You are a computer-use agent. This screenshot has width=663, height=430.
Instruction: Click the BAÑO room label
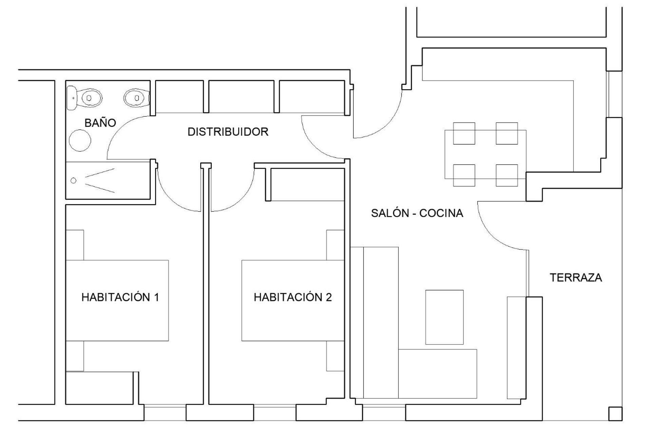[x=100, y=123]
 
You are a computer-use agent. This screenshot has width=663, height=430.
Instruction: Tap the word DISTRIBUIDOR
[x=228, y=132]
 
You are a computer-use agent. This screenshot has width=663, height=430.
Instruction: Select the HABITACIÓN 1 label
[x=120, y=297]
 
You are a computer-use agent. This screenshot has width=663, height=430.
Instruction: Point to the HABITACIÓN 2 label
[x=292, y=297]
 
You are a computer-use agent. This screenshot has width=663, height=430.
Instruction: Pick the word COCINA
[x=441, y=213]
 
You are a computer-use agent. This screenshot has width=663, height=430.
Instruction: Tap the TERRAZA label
[x=576, y=278]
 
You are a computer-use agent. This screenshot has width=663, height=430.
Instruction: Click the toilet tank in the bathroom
[x=72, y=98]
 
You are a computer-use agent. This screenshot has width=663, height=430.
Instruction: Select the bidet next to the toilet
[x=137, y=98]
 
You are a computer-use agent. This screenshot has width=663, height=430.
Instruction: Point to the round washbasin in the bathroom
[x=80, y=140]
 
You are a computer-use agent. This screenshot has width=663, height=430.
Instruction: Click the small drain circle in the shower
[x=73, y=181]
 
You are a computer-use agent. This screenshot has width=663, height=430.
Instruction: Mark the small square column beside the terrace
[x=615, y=414]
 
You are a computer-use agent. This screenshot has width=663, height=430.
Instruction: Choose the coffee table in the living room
[x=444, y=317]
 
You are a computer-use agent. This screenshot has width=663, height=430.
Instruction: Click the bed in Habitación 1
[x=117, y=300]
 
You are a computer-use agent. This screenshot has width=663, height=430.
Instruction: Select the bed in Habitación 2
[x=293, y=300]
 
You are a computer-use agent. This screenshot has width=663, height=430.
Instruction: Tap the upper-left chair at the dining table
[x=464, y=133]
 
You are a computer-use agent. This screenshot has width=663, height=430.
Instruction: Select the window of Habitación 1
[x=165, y=412]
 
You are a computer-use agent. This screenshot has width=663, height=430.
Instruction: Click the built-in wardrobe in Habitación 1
[x=99, y=388]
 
